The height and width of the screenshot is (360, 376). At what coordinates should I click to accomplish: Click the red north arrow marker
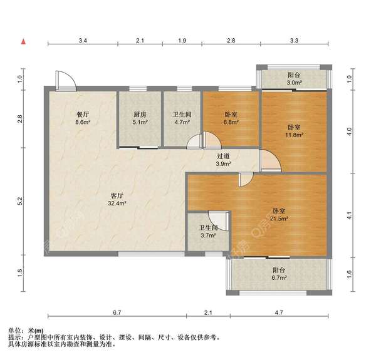(x=23, y=42)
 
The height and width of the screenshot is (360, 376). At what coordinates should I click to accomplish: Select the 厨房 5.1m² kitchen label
(x=140, y=119)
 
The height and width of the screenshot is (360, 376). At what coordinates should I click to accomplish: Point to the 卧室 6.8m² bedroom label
(x=231, y=119)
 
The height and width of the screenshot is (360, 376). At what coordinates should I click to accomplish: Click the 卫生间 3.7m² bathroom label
(x=208, y=232)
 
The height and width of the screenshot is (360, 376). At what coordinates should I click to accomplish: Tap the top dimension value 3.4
(x=83, y=41)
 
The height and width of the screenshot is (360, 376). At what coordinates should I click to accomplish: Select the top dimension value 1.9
(x=182, y=41)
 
